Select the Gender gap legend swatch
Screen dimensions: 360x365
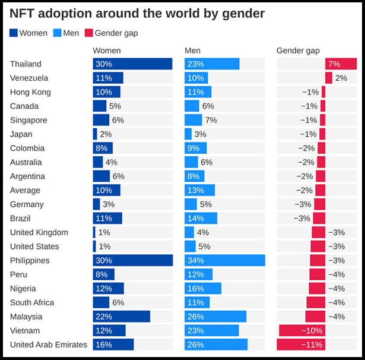point(88,33)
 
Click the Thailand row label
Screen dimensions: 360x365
point(26,64)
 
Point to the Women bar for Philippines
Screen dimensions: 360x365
point(132,261)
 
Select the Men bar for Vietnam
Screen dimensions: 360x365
point(211,331)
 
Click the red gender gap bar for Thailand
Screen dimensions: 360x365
point(341,64)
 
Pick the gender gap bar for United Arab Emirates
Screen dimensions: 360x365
point(301,345)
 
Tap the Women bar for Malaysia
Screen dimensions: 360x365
point(121,317)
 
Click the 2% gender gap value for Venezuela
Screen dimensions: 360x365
point(341,78)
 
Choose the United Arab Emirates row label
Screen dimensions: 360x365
point(49,345)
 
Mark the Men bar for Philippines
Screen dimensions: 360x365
point(224,261)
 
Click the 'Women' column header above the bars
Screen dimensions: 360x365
point(107,50)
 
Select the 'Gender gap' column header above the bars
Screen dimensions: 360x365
point(298,50)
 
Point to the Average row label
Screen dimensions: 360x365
point(26,191)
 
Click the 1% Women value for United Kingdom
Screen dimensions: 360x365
point(104,232)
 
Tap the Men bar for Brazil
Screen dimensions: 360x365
point(201,219)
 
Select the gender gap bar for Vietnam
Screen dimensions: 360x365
point(302,331)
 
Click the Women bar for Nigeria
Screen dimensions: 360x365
point(108,289)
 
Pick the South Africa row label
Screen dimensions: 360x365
point(33,303)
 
